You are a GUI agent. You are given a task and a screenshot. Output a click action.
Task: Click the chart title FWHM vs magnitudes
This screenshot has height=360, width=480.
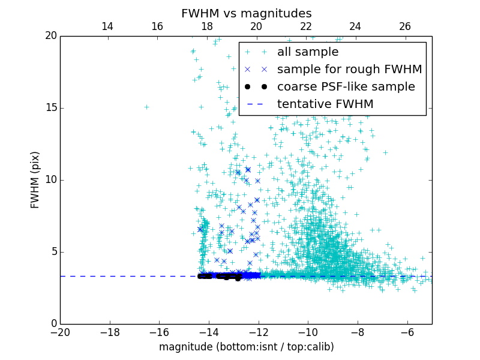(246, 13)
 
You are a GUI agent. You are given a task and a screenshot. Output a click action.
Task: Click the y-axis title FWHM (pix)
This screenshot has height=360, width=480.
(35, 179)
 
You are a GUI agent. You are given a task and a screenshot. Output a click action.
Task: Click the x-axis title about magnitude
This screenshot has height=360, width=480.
(246, 347)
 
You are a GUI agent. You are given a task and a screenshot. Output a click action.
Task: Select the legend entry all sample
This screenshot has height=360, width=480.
(307, 52)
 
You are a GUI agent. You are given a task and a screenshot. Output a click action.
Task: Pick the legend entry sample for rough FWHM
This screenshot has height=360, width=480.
(349, 70)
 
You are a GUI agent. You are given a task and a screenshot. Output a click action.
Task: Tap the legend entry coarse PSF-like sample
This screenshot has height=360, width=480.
(346, 87)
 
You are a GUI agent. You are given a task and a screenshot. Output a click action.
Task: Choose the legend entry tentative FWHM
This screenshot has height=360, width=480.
(325, 104)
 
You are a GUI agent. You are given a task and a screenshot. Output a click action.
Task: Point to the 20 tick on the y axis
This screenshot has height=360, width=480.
(50, 36)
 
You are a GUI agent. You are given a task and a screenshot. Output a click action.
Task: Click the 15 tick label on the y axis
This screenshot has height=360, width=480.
(50, 108)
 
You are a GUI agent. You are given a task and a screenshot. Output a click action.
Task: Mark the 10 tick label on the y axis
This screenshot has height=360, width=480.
(50, 180)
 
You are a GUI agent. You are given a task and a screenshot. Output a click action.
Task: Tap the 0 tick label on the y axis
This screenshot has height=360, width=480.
(53, 324)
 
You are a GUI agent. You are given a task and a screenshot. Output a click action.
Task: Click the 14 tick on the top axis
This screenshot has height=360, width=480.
(107, 27)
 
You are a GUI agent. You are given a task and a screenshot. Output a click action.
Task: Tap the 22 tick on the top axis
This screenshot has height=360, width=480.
(306, 27)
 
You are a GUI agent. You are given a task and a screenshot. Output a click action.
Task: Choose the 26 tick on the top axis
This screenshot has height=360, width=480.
(405, 27)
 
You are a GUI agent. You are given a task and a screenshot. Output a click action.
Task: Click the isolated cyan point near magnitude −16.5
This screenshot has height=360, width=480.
(146, 107)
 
